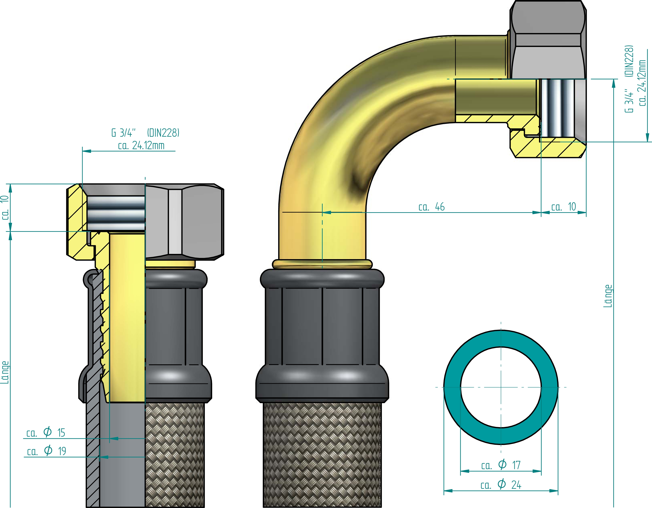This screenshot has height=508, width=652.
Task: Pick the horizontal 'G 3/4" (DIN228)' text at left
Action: click(145, 133)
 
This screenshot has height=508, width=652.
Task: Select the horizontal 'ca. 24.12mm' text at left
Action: click(141, 146)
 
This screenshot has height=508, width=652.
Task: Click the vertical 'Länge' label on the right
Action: click(608, 296)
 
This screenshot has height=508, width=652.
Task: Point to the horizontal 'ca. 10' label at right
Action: click(564, 207)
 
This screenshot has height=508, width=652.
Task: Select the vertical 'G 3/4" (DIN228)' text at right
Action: click(629, 79)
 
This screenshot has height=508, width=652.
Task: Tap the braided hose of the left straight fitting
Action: click(175, 454)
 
